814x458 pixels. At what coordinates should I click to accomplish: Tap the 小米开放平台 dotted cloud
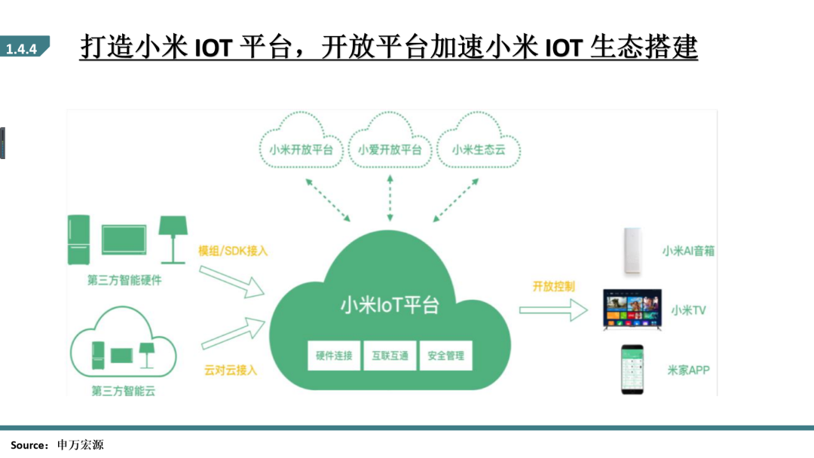(x=301, y=149)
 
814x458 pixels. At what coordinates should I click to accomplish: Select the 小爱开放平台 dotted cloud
(x=390, y=149)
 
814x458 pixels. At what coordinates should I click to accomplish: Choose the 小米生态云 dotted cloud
(x=478, y=149)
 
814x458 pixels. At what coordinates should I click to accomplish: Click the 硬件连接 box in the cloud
(x=334, y=356)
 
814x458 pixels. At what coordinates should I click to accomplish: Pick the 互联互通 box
(x=390, y=356)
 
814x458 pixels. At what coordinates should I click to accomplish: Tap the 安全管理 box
(x=445, y=356)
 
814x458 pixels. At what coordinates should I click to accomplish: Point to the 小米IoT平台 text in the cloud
(x=390, y=305)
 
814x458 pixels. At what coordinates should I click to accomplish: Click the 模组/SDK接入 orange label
(x=233, y=250)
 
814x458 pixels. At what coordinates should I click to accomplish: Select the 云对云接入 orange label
(x=231, y=370)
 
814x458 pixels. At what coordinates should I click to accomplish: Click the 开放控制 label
(x=553, y=286)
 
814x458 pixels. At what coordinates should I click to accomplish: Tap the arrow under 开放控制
(x=552, y=309)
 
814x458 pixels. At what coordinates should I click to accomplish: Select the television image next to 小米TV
(x=634, y=310)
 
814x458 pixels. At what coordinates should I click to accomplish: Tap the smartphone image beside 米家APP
(x=633, y=368)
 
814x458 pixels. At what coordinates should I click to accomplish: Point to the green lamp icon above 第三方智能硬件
(x=173, y=237)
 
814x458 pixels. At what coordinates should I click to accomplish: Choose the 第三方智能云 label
(x=123, y=391)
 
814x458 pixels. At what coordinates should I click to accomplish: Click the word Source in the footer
(x=29, y=445)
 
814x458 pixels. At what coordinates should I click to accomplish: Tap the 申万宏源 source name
(x=81, y=445)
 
